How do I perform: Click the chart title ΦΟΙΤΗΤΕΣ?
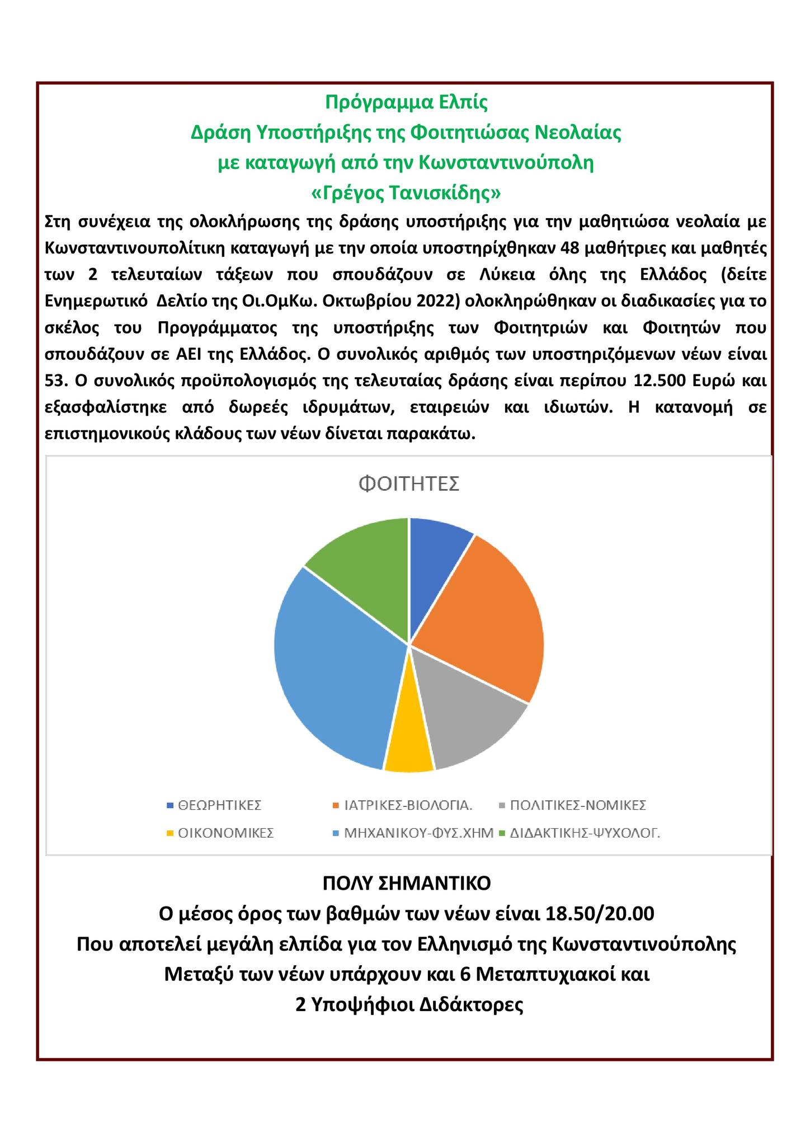point(408,483)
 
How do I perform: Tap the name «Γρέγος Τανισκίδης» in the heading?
point(406,193)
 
